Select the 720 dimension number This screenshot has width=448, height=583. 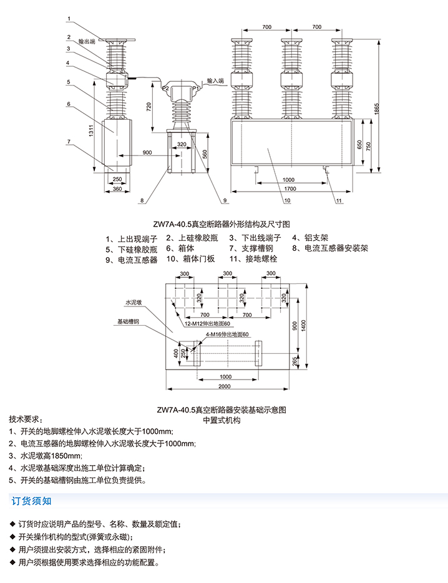(x=149, y=106)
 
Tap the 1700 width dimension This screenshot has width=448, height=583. (x=289, y=188)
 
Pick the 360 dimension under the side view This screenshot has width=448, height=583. (x=117, y=189)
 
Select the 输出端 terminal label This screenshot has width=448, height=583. (x=87, y=41)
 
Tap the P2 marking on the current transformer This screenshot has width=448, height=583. (x=165, y=90)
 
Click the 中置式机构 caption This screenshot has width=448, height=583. (x=222, y=421)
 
